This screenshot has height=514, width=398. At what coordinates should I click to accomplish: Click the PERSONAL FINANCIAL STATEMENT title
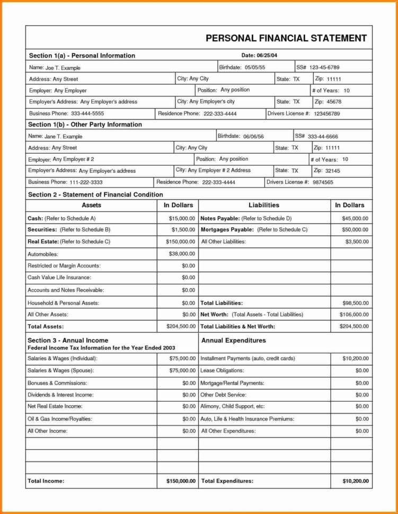[x=286, y=38]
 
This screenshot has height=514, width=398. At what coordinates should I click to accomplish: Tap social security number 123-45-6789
[x=324, y=67]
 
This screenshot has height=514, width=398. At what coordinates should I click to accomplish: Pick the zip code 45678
[x=334, y=101]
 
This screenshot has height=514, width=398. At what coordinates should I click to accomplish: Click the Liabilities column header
[x=263, y=205]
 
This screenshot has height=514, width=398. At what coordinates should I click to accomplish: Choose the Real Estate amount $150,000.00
[x=179, y=241]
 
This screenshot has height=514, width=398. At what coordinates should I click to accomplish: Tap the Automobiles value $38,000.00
[x=182, y=254]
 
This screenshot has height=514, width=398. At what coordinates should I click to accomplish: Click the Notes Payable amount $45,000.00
[x=355, y=218]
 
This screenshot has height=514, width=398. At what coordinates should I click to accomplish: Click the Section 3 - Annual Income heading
[x=68, y=340]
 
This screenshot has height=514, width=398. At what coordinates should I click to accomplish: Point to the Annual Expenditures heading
[x=234, y=340]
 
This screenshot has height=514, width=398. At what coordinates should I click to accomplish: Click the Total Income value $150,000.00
[x=177, y=481]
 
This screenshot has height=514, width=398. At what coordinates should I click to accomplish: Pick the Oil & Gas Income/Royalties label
[x=59, y=419]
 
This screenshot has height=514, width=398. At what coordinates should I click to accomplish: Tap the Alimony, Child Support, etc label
[x=233, y=406]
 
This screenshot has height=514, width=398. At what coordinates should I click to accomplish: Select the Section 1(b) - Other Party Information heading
[x=85, y=125]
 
